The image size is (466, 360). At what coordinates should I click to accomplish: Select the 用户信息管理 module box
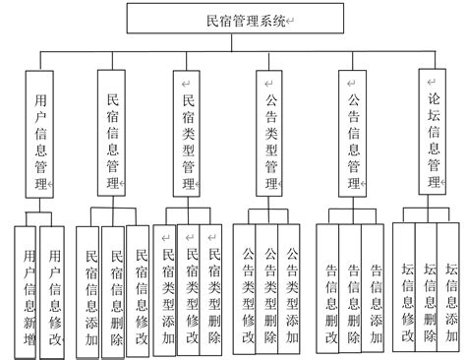pos(40,140)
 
